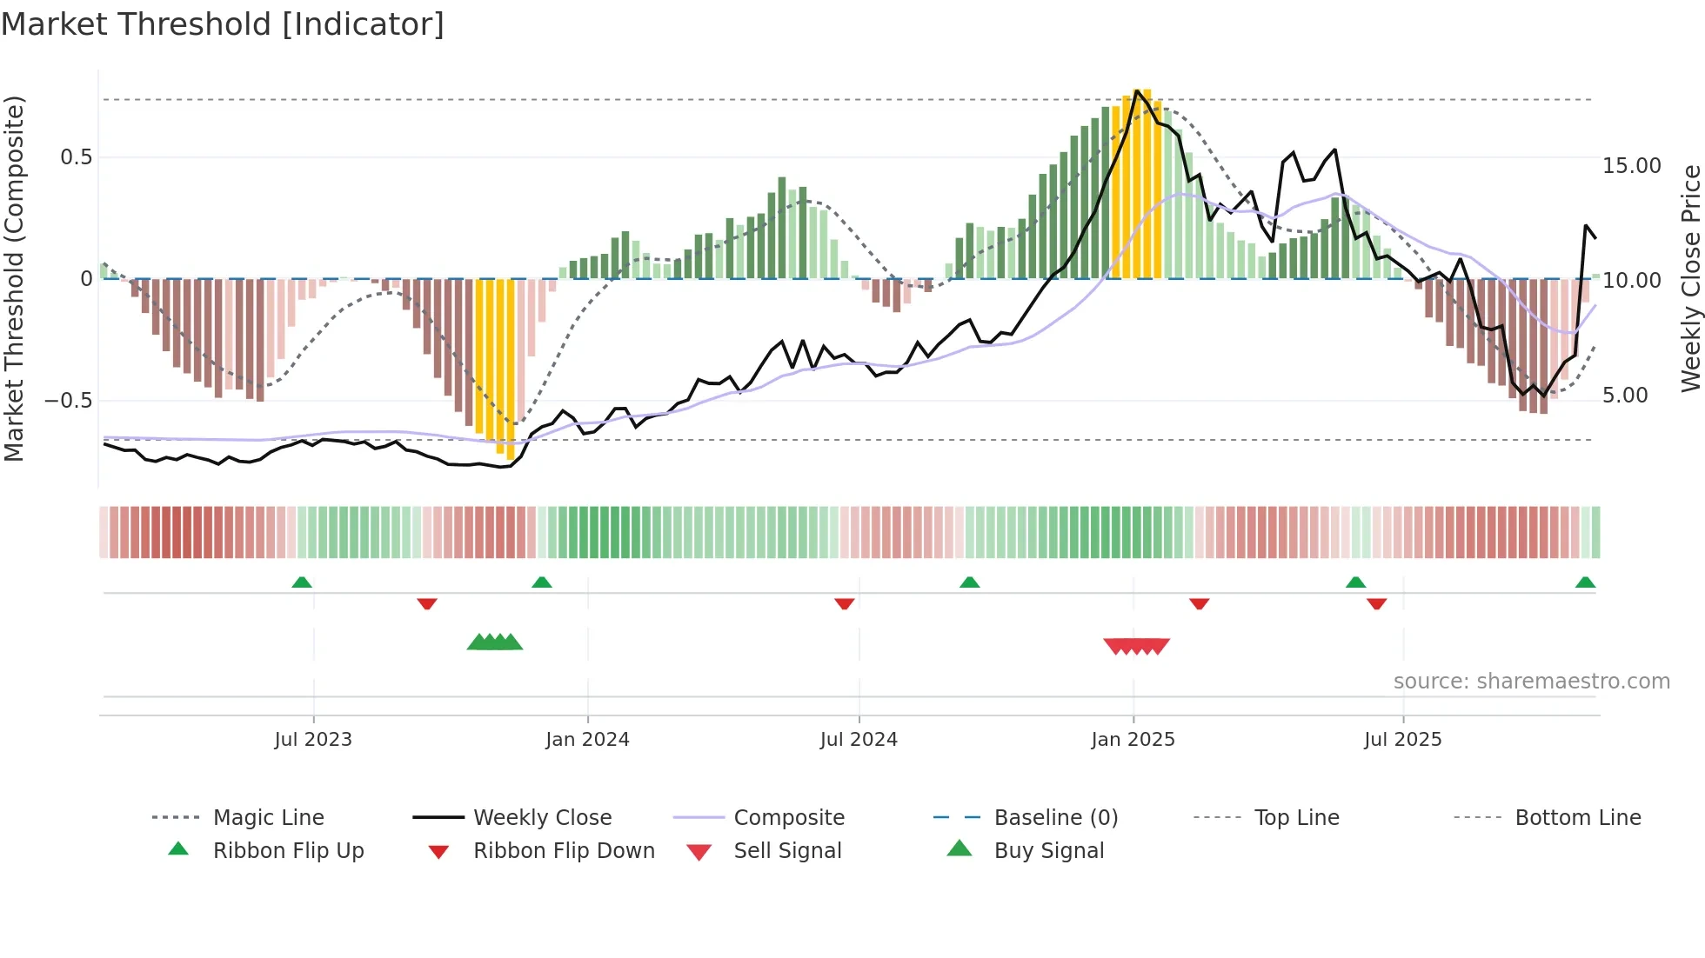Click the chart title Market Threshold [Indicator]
coord(223,24)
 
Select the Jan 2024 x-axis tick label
coord(587,740)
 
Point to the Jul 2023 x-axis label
coord(313,740)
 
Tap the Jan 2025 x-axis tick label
coord(1133,740)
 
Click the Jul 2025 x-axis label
coord(1402,740)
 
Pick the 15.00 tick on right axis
coord(1631,166)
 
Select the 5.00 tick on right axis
coord(1625,396)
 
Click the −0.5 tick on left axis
coord(68,401)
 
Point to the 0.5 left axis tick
coord(76,157)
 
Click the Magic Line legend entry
coord(268,818)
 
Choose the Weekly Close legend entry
coord(542,818)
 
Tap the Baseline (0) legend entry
coord(1055,818)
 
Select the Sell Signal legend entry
coord(787,851)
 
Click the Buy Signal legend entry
coord(1048,851)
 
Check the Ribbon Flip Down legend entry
coord(564,851)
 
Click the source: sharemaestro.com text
coord(1531,682)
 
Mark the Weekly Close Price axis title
coord(1690,278)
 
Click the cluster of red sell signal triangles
coord(1136,646)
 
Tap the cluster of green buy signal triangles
coord(495,642)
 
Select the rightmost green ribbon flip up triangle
coord(1585,582)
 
